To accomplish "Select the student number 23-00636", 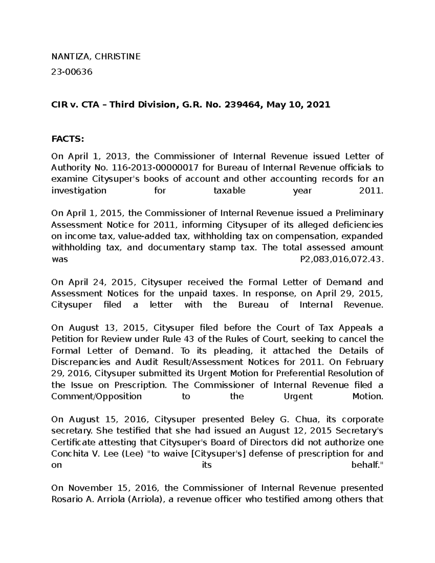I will tap(72, 72).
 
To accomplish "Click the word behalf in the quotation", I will tap(366, 465).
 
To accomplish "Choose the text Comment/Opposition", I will tap(96, 396).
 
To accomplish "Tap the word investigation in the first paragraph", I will tap(79, 191).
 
